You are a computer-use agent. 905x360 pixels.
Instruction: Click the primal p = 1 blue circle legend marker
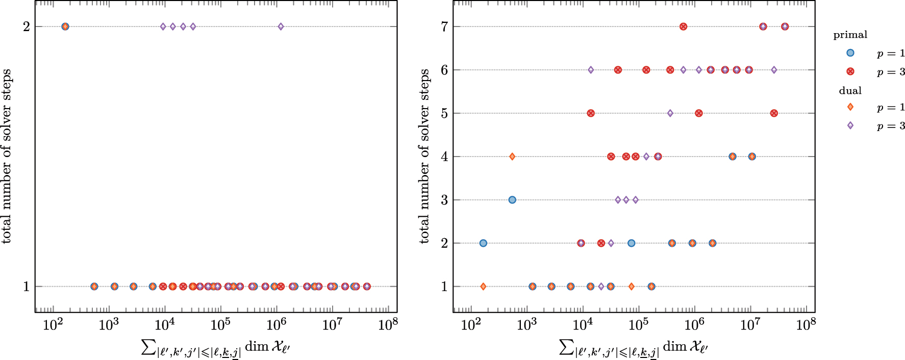click(x=850, y=53)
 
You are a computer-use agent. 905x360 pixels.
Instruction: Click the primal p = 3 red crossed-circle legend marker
click(x=850, y=71)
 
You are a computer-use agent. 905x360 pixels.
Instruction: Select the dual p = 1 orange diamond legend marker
click(x=850, y=107)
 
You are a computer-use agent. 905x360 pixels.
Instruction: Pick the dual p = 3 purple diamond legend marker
click(x=850, y=125)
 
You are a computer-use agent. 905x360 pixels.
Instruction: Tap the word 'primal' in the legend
click(x=850, y=35)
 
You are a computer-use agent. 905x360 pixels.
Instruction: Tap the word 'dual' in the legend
click(x=850, y=91)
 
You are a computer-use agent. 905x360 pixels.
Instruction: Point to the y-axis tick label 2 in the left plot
click(x=26, y=27)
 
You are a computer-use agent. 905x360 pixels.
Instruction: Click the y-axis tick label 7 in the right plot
click(x=444, y=27)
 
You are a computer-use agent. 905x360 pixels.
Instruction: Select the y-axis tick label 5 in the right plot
click(x=444, y=113)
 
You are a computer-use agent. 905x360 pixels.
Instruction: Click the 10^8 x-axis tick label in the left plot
click(x=388, y=325)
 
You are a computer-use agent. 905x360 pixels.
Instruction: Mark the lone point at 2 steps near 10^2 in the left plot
click(x=65, y=27)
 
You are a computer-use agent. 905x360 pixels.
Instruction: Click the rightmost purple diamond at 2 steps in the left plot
click(x=281, y=27)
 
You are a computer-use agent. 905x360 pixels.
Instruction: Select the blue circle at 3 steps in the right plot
click(x=512, y=200)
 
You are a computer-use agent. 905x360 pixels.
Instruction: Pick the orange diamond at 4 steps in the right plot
click(x=512, y=157)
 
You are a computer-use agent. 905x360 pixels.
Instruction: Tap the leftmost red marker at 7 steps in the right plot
click(x=683, y=27)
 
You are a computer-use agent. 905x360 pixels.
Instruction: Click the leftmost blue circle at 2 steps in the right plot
click(x=483, y=243)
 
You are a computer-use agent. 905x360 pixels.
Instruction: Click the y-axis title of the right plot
click(x=424, y=156)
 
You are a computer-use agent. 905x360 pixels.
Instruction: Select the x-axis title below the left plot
click(x=215, y=348)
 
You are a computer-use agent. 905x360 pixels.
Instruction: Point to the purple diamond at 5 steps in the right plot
click(x=670, y=113)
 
